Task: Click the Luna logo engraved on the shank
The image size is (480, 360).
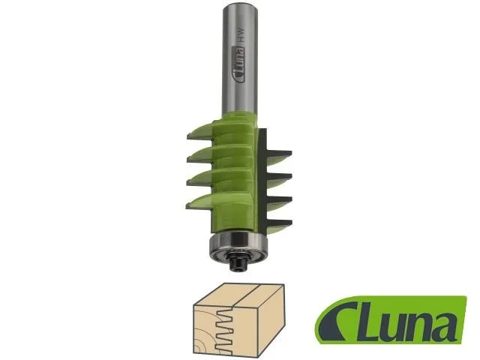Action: tap(239, 64)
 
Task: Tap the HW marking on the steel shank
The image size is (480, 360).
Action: tap(241, 34)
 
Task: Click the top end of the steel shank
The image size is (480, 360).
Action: tap(240, 4)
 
